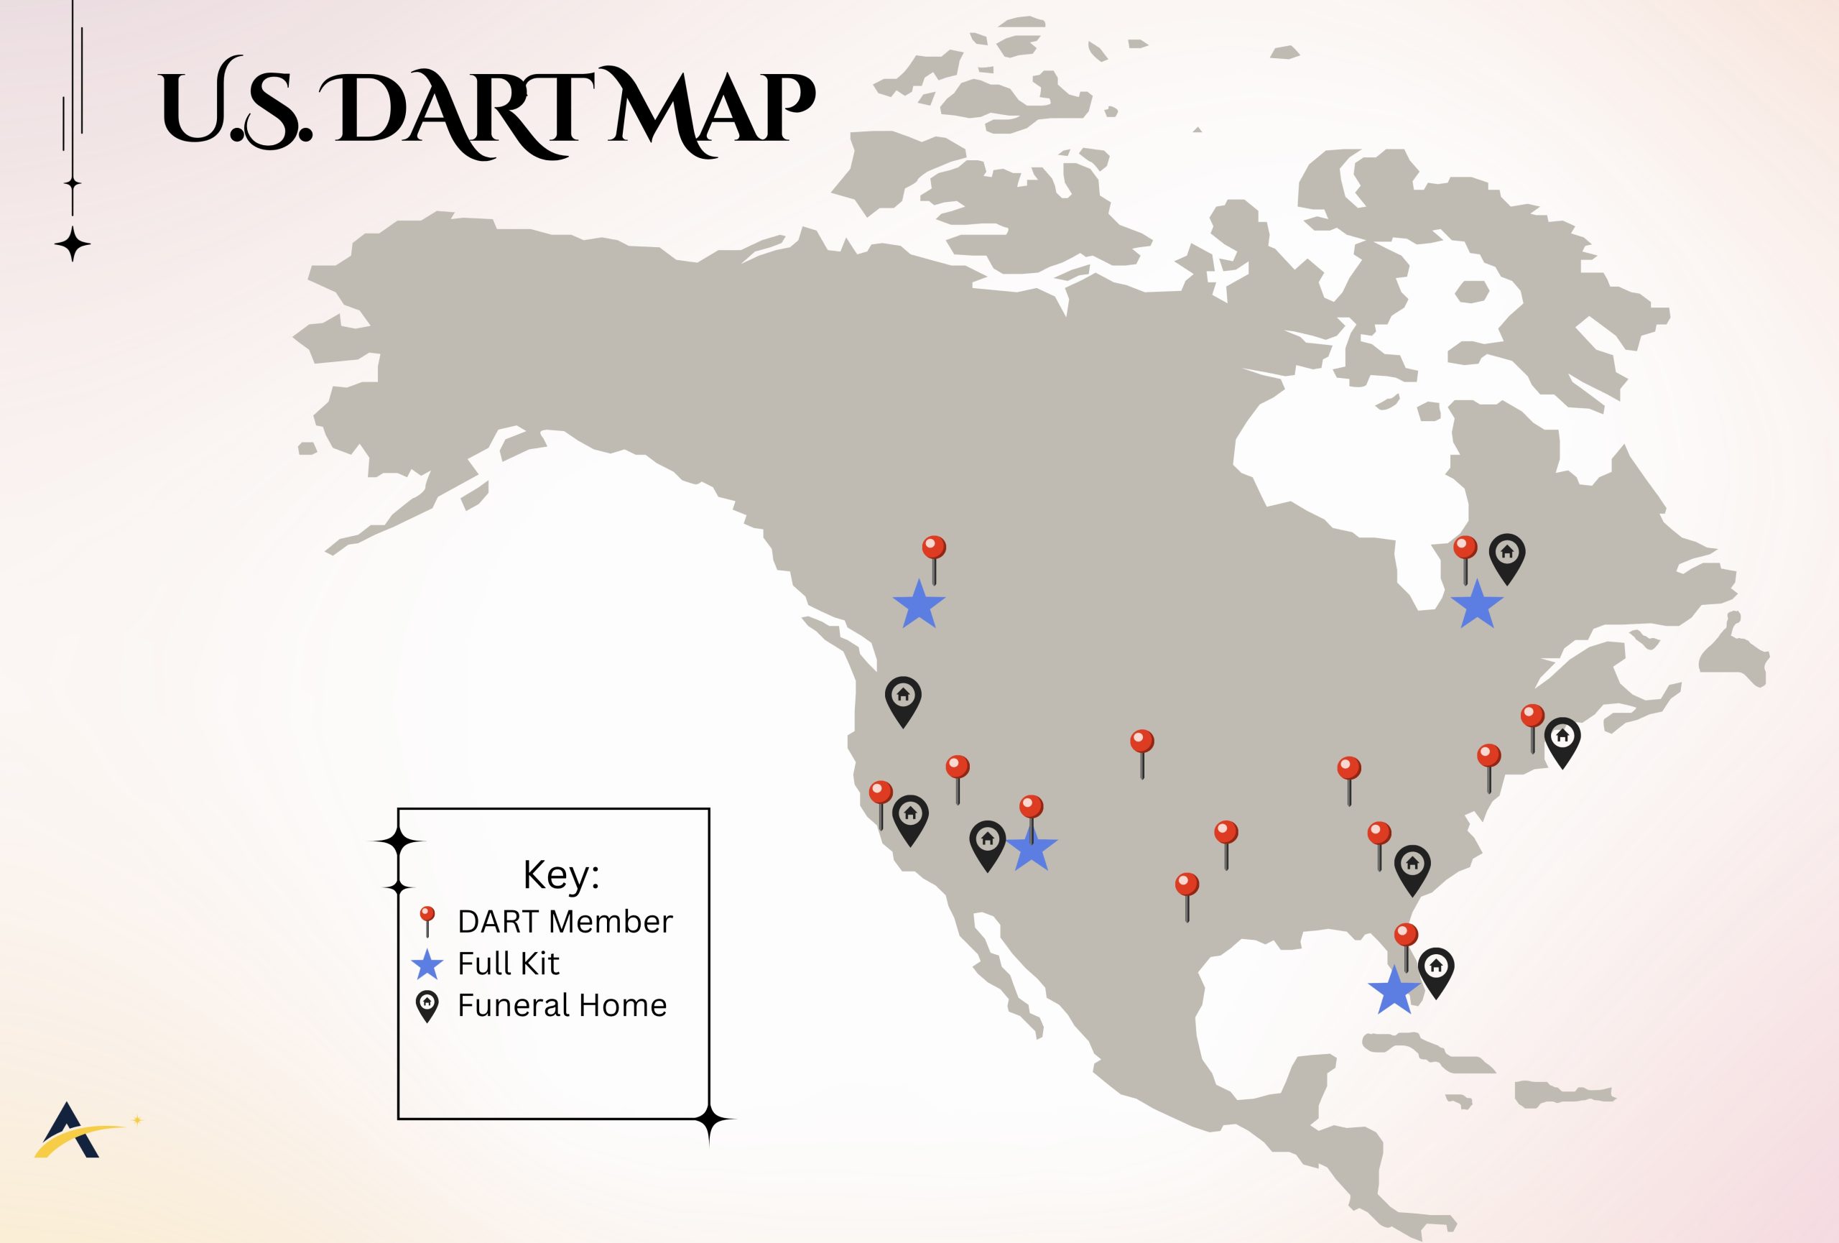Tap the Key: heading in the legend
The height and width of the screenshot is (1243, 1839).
point(561,874)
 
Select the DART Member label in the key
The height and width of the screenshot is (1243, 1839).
point(565,922)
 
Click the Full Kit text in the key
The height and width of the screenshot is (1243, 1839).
point(508,964)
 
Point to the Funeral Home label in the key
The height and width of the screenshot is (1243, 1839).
point(562,1006)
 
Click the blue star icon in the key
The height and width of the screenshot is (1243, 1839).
point(427,964)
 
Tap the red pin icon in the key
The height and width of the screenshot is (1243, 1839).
point(427,920)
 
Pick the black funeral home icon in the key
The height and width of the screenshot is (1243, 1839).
point(427,1006)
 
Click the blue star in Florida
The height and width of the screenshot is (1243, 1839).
point(1394,992)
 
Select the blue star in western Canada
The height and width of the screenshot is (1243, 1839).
point(919,604)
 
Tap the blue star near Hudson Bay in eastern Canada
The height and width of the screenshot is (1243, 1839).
point(1476,604)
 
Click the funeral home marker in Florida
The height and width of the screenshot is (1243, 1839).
point(1435,970)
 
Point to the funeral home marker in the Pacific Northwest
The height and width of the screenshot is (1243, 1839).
point(903,699)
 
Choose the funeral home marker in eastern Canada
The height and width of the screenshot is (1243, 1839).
point(1506,556)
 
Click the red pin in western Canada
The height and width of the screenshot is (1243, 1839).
point(934,549)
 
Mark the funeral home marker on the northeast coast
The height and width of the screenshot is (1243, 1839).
point(1562,740)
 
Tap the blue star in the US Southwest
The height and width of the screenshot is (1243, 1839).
point(1031,849)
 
